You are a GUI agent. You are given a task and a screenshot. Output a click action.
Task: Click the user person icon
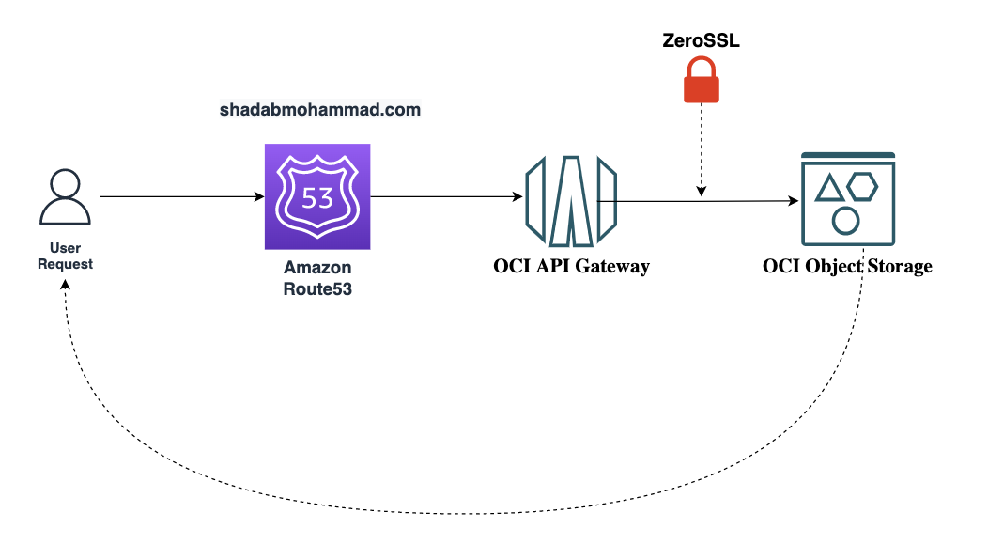click(x=66, y=197)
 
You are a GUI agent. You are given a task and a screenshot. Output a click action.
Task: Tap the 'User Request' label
click(x=66, y=256)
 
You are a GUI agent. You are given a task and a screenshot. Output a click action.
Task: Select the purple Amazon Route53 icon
click(x=317, y=196)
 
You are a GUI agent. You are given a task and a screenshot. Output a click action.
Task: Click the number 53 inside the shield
click(x=317, y=198)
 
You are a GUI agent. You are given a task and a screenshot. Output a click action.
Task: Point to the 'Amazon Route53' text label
click(x=317, y=278)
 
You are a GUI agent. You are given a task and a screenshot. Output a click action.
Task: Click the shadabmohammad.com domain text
click(x=320, y=110)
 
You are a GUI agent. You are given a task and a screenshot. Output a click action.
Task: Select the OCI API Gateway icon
click(x=571, y=200)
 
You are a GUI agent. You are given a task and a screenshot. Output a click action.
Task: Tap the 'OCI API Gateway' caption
click(x=571, y=267)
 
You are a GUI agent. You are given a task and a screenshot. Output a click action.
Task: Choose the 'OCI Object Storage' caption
click(x=847, y=267)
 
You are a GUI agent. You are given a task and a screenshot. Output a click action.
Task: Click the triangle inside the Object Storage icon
click(x=828, y=189)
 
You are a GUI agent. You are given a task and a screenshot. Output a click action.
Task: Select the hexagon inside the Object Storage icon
click(x=861, y=187)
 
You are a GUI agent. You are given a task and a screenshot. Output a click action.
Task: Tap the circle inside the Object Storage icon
click(x=845, y=221)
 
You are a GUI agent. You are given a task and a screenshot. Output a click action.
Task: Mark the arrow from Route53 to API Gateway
click(x=446, y=197)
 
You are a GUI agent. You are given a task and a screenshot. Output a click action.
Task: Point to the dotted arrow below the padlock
click(x=702, y=150)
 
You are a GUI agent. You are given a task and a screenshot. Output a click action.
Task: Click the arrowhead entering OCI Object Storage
click(x=793, y=201)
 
